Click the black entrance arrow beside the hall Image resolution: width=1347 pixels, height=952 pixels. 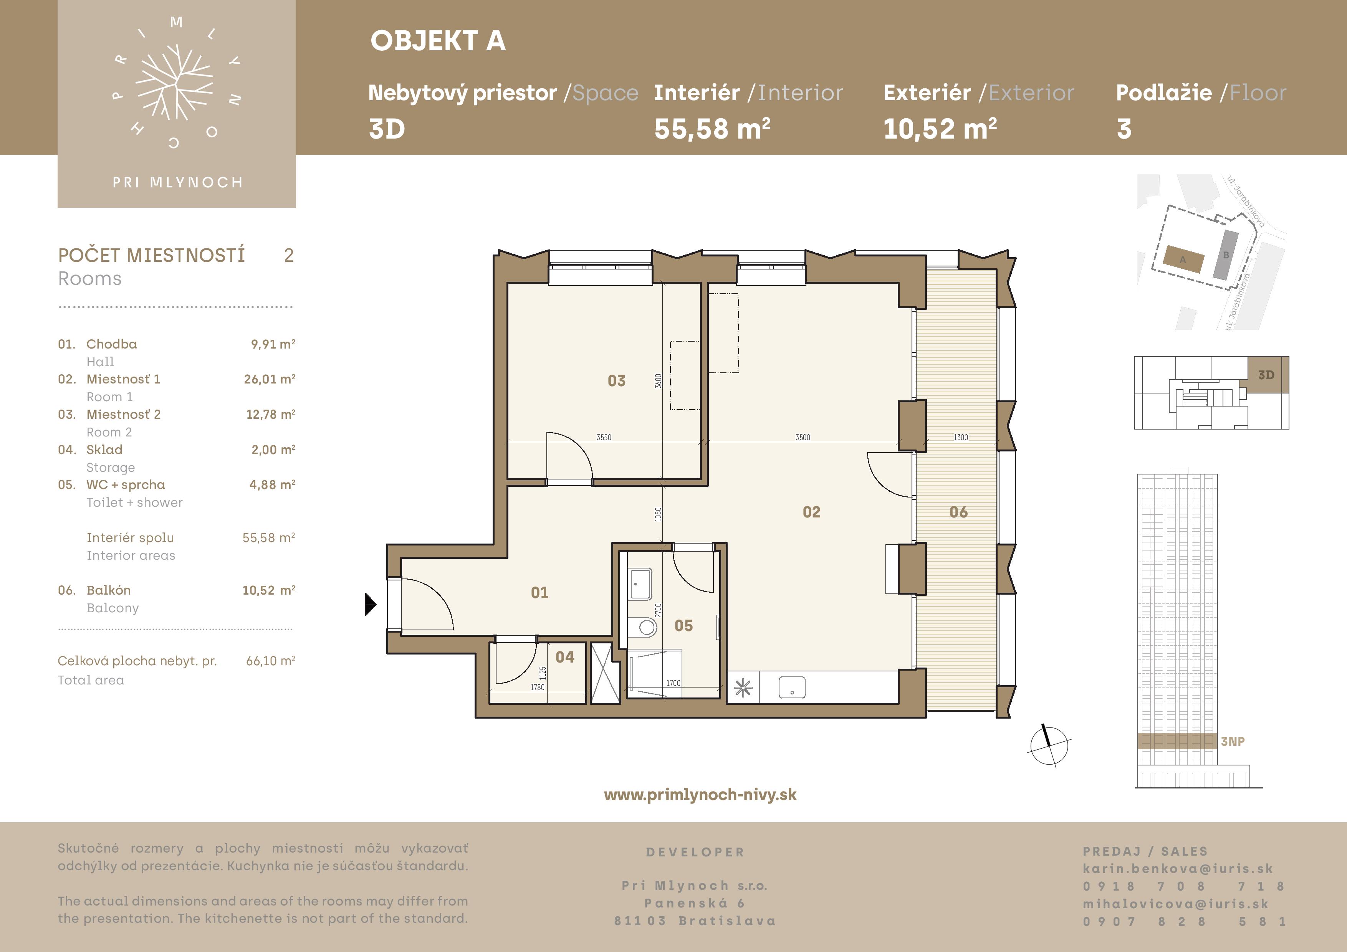click(x=370, y=604)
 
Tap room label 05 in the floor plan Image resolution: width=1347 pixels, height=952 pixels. click(x=683, y=626)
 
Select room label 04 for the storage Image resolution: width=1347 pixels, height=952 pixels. click(x=565, y=657)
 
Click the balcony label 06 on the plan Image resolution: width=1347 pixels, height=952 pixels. click(x=959, y=512)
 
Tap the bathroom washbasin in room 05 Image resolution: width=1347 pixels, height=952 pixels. click(x=640, y=583)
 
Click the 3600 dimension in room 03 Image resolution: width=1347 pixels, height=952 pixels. click(x=658, y=381)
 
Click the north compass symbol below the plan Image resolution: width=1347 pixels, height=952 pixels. click(x=1048, y=746)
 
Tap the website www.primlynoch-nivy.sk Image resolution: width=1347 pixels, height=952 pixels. click(x=700, y=795)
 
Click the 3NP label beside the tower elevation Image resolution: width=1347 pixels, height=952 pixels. click(x=1233, y=741)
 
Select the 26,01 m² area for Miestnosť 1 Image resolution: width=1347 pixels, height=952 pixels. click(x=269, y=379)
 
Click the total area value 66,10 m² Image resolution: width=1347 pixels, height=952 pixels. click(x=270, y=661)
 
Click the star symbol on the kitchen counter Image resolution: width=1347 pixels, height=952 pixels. click(x=743, y=688)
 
